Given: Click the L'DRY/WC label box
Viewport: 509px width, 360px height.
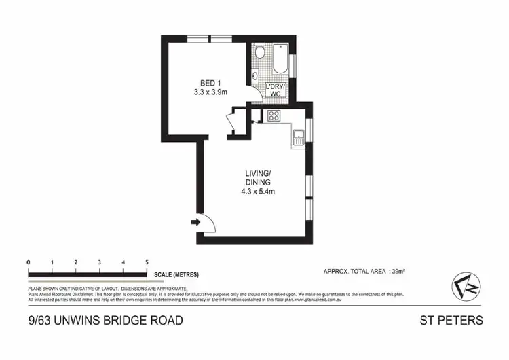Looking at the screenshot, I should tap(276, 90).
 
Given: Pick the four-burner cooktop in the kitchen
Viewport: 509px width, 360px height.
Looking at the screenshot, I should tap(275, 115).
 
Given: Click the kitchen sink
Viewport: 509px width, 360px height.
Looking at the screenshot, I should tap(298, 138).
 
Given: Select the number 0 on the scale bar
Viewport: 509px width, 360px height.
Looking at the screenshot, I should tap(29, 262).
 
